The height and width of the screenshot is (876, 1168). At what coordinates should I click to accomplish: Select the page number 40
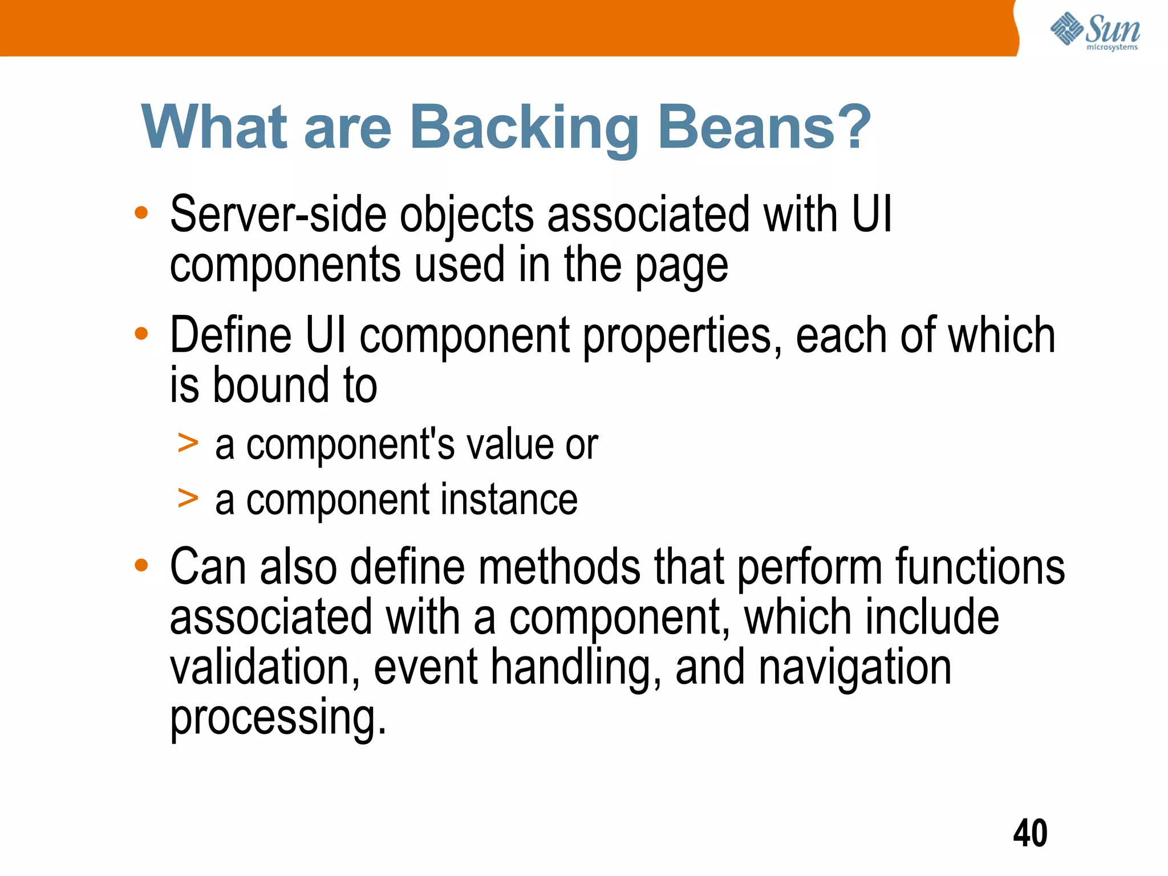(1030, 834)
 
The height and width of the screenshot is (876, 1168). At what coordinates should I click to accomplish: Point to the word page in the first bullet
(682, 267)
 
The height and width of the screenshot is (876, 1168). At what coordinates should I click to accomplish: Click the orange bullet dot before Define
(141, 333)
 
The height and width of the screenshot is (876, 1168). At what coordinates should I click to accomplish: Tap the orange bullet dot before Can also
(141, 565)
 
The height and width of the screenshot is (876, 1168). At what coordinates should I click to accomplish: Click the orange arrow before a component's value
(188, 443)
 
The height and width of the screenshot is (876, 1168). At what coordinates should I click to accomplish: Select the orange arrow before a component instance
(188, 498)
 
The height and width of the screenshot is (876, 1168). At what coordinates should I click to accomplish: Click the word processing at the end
(278, 719)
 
